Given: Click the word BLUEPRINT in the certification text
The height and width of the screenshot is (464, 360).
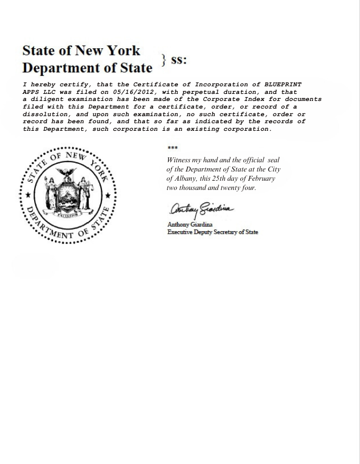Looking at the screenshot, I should point(282,85).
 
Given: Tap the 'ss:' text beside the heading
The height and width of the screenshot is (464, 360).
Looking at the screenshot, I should point(179,60).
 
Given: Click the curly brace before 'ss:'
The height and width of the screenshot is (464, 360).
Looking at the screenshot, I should point(164,60).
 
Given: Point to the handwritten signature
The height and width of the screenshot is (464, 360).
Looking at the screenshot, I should point(201,209).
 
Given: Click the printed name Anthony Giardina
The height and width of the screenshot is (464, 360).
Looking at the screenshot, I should point(190,225).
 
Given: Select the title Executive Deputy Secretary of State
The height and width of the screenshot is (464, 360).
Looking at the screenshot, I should point(213,232).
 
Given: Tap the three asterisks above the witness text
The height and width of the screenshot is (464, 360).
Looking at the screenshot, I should point(172,148).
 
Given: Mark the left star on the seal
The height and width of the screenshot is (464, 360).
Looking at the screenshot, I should point(28,195).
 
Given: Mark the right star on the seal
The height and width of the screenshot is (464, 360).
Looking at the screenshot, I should point(108,195).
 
